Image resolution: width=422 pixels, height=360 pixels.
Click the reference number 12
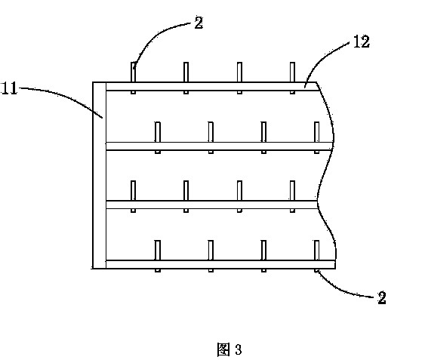coord(361,42)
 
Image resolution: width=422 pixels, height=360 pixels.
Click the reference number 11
coord(9,88)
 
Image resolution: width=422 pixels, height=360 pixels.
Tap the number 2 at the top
coord(199,23)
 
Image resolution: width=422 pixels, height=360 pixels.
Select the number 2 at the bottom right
coord(381,297)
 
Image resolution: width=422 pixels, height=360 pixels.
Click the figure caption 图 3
coord(229,349)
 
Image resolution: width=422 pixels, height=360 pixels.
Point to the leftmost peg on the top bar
coord(133,78)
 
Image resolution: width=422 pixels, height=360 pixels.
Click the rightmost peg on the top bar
coord(292,78)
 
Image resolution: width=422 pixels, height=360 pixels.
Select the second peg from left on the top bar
coord(186,78)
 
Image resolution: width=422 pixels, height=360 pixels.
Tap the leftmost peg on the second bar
coord(158,138)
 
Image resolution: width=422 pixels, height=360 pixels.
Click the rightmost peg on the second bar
coord(317,138)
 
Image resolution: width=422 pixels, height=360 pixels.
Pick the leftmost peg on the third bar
coord(133,196)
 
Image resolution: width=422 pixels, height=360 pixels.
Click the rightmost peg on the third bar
coord(292,196)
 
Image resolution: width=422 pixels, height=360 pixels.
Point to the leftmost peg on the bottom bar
coord(158,256)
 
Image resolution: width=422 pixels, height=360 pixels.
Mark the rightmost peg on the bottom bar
coord(317,256)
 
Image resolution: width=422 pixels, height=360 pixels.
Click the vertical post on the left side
coord(100,175)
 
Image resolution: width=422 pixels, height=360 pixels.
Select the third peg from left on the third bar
coord(239,196)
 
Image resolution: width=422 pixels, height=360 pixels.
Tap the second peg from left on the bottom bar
coord(211,256)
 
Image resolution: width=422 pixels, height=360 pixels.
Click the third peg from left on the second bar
coord(263,138)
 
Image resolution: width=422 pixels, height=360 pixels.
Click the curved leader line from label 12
coord(322,58)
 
